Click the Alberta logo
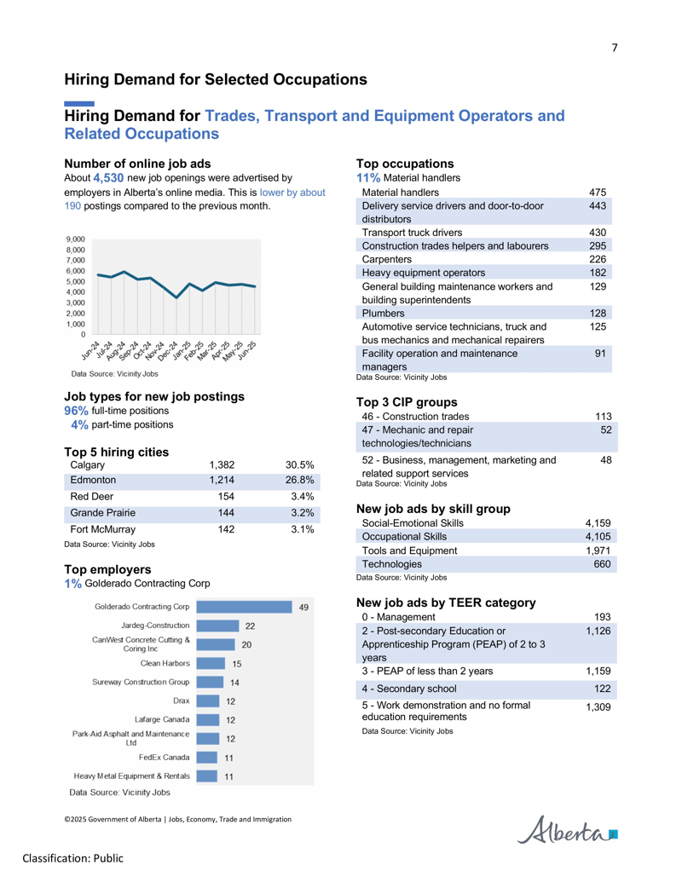tap(567, 830)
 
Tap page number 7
tap(615, 48)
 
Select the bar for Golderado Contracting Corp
tap(244, 607)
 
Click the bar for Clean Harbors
tap(211, 664)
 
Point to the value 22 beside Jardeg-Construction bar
tap(250, 626)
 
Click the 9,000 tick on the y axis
tap(75, 239)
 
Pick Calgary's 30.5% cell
tap(299, 465)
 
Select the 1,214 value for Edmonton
tap(222, 481)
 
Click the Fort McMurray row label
tap(103, 529)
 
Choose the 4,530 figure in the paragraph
tap(108, 178)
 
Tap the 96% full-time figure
tap(76, 411)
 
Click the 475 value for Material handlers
tap(598, 193)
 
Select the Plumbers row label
tap(384, 314)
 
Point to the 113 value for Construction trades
tap(604, 417)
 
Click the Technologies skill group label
tap(391, 564)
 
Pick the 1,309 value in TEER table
tap(598, 707)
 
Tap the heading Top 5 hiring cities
tap(117, 453)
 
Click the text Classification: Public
tap(72, 858)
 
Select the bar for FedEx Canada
tap(206, 758)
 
